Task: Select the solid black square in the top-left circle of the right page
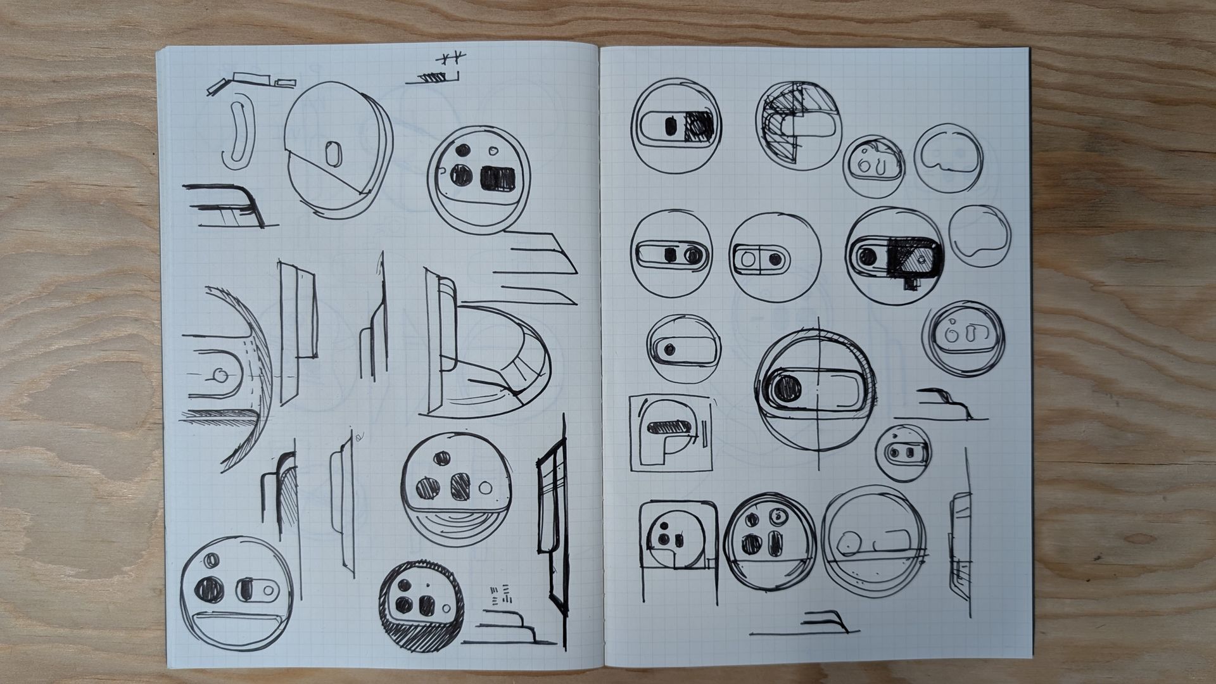pyautogui.click(x=697, y=126)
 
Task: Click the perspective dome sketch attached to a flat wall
pyautogui.click(x=494, y=355)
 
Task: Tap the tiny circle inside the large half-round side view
pyautogui.click(x=220, y=376)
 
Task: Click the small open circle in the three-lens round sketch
pyautogui.click(x=486, y=488)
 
